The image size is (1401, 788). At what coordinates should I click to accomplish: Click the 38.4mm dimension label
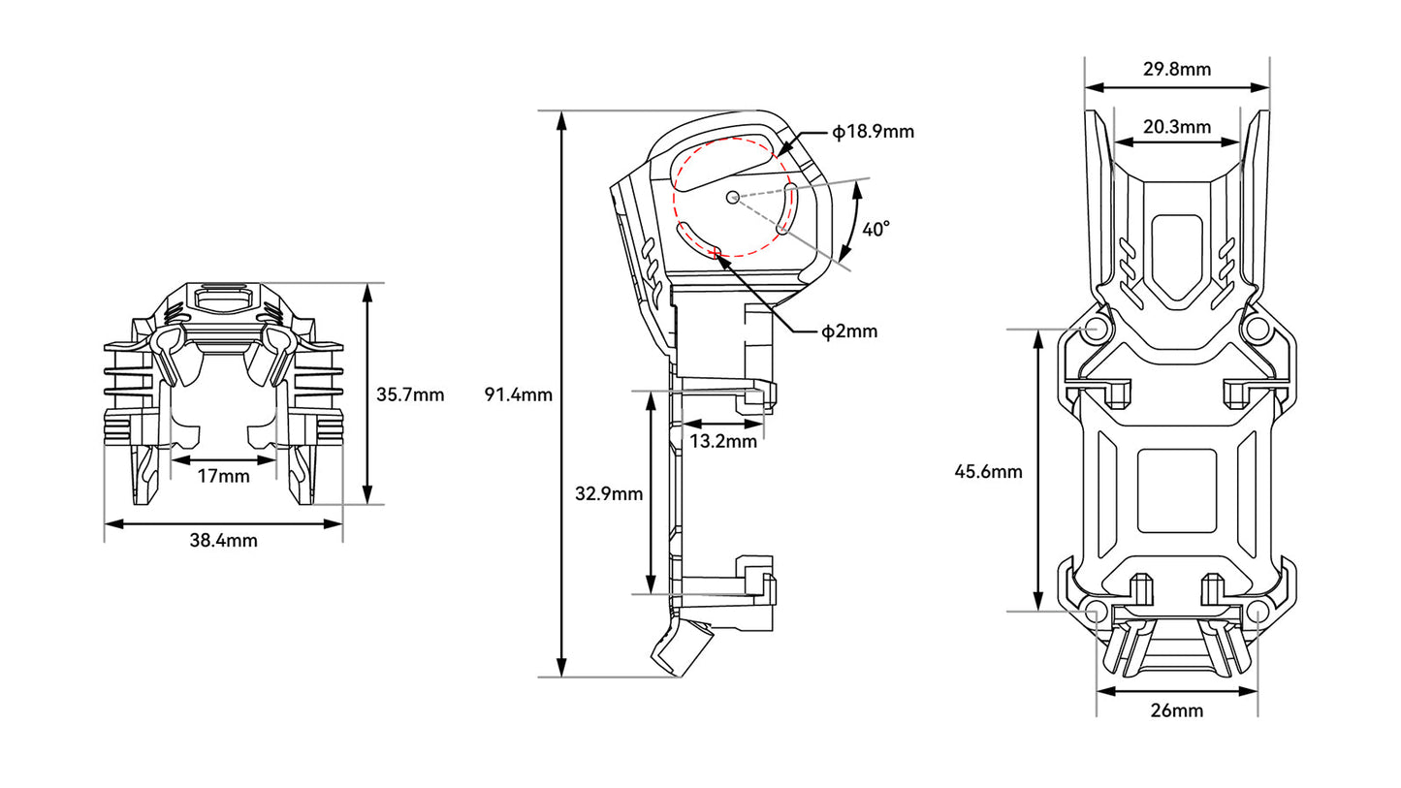pyautogui.click(x=223, y=540)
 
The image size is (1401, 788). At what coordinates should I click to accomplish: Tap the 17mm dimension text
pyautogui.click(x=223, y=477)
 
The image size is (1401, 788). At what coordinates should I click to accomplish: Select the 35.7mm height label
pyautogui.click(x=410, y=394)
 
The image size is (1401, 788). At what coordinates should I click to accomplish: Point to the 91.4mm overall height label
pyautogui.click(x=519, y=394)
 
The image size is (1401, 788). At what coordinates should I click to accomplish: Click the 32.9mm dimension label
pyautogui.click(x=609, y=494)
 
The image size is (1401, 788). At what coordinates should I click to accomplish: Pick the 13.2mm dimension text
pyautogui.click(x=723, y=442)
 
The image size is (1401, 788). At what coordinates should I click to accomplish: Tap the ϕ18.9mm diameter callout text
pyautogui.click(x=874, y=132)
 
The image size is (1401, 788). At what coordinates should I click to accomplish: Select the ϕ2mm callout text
pyautogui.click(x=849, y=331)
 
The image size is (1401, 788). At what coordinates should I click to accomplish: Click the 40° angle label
pyautogui.click(x=876, y=230)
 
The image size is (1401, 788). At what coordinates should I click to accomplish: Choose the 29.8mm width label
pyautogui.click(x=1177, y=69)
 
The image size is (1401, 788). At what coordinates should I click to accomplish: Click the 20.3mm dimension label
pyautogui.click(x=1177, y=127)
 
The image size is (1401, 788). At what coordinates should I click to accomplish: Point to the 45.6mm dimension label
pyautogui.click(x=988, y=472)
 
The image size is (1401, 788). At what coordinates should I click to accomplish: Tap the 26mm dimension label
pyautogui.click(x=1177, y=710)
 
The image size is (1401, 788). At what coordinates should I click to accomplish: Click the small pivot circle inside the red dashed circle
pyautogui.click(x=733, y=198)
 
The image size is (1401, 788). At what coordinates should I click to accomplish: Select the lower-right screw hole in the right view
pyautogui.click(x=1258, y=611)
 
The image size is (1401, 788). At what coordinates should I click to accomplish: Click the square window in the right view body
pyautogui.click(x=1177, y=491)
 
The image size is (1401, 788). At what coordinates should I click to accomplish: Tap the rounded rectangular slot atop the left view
pyautogui.click(x=224, y=299)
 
